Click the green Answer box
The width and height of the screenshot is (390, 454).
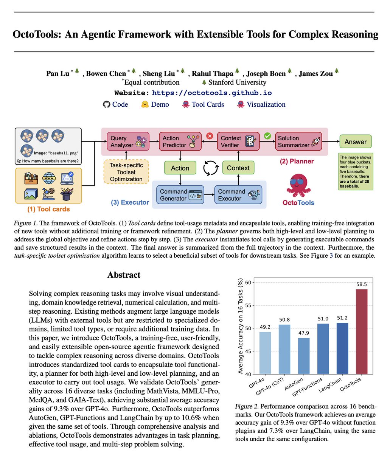coord(355,142)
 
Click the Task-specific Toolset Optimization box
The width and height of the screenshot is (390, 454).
coord(126,172)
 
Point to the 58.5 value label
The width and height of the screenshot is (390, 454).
coord(361,285)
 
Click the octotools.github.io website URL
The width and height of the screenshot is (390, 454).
coord(211,93)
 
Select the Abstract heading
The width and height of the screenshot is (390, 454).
coord(124,275)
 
